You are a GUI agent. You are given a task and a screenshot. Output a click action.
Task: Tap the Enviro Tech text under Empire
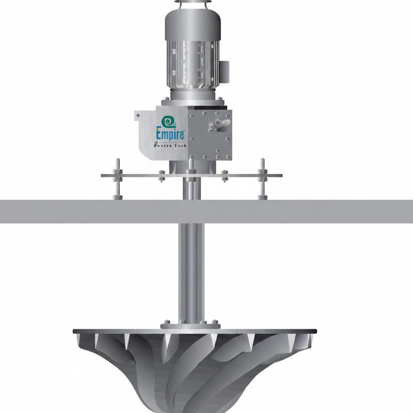170,146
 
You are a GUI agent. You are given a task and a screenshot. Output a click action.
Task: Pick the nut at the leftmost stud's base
117,197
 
